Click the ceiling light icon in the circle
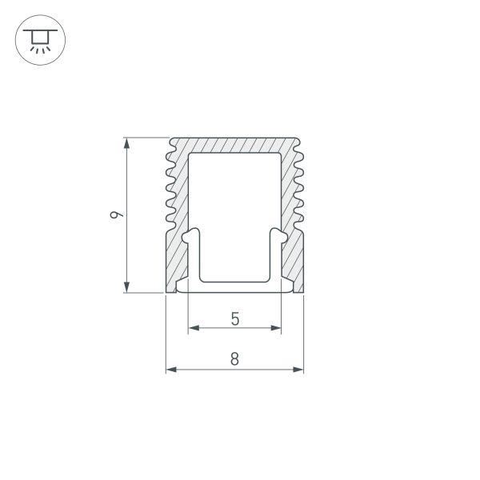39,39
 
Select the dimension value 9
117,214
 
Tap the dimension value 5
234,318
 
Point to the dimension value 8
234,359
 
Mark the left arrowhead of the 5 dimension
193,328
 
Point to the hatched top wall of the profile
234,146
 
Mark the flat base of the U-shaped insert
234,281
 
